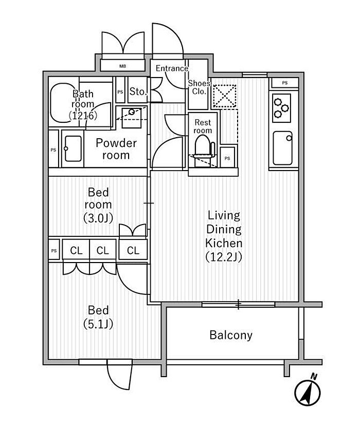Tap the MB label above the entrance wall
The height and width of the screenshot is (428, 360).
123,66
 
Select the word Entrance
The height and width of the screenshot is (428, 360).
172,68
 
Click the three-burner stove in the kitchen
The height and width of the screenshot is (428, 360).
280,107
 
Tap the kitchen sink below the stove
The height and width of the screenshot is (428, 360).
282,147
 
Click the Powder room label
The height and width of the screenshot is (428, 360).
116,149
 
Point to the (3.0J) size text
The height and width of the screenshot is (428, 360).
98,218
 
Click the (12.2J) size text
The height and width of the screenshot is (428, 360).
223,255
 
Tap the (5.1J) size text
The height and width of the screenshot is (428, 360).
98,324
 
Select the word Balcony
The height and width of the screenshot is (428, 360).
231,336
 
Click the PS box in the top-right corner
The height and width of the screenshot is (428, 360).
284,83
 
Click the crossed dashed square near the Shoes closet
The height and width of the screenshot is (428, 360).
224,96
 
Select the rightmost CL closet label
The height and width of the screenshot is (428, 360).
133,251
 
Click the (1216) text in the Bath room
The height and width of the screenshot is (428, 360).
82,116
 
